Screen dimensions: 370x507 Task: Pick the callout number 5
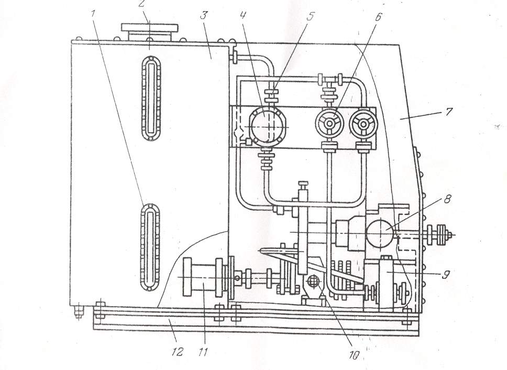coord(310,15)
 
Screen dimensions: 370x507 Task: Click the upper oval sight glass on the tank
coord(151,99)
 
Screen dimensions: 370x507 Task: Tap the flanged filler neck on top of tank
coord(149,31)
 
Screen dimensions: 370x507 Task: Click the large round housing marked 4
coord(267,126)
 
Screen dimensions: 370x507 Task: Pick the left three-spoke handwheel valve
coord(328,124)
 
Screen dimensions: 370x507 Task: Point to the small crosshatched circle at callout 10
coord(313,281)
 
